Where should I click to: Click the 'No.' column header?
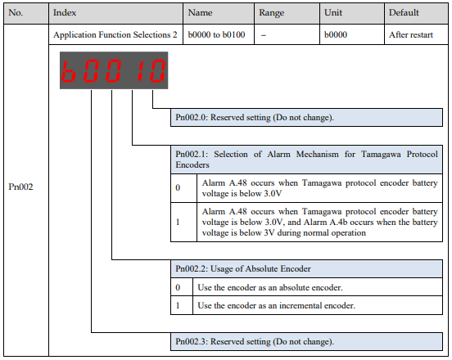coord(16,12)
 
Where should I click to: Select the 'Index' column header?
coord(65,12)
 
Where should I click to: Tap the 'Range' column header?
coord(271,12)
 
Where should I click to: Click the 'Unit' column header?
coord(333,12)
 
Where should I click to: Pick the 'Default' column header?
coord(404,12)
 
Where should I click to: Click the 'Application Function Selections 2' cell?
coord(115,35)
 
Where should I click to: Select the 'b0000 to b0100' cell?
coord(216,35)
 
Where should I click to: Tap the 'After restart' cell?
coord(411,35)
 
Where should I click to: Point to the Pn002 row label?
coord(20,187)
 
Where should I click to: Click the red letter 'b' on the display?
coord(69,70)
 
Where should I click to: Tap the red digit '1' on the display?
coord(141,70)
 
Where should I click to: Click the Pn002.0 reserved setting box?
coord(307,118)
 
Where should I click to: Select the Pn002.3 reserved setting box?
coord(307,341)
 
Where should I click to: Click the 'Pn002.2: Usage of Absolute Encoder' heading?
coord(243,268)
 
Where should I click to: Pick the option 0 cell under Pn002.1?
coord(184,188)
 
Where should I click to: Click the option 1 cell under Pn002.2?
coord(182,305)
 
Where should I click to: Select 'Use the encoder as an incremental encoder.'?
coord(276,305)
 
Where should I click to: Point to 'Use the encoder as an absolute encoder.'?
coord(270,287)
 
